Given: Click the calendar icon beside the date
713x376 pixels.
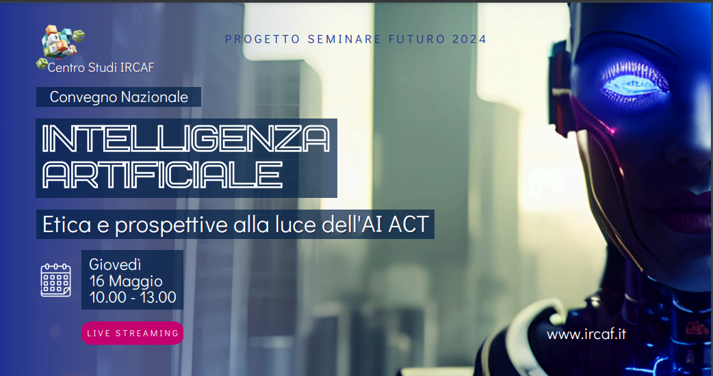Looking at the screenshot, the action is coord(55,280).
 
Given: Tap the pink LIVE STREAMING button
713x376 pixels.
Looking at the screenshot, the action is coord(132,334).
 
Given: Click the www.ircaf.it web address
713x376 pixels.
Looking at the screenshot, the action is coord(586,334).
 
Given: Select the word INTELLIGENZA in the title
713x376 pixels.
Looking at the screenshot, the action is coord(185,138).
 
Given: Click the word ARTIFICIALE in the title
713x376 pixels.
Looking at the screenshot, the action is coord(162,175).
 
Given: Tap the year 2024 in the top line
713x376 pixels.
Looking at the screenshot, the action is coord(469,39).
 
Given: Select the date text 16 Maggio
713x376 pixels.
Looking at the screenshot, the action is coord(126,281).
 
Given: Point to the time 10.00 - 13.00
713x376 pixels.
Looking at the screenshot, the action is coord(133,297).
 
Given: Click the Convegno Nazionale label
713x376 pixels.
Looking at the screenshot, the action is coord(118,97).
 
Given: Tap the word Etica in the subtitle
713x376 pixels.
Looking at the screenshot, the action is coord(67,225).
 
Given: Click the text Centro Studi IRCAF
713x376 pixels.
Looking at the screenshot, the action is coord(101,68).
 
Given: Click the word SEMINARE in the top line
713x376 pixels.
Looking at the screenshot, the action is coord(344,39).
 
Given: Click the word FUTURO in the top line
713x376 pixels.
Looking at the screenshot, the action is coord(417,39).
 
